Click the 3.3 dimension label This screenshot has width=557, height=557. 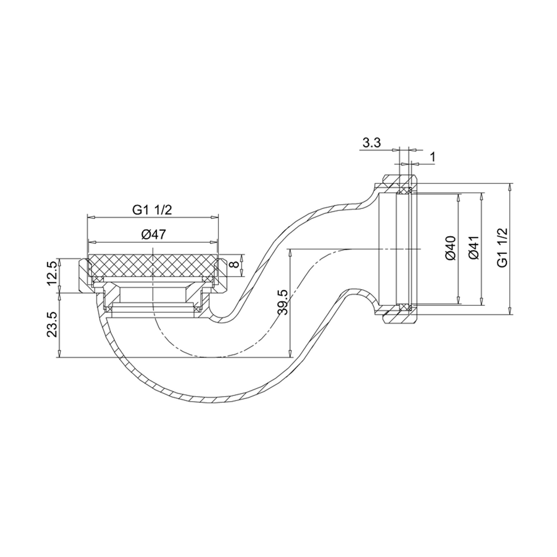371,143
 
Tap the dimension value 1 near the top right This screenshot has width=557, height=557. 432,158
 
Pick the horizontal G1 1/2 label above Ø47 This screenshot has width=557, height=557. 152,210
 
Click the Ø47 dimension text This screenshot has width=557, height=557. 153,234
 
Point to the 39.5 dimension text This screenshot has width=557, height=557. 282,302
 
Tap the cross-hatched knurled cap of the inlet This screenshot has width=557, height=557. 152,264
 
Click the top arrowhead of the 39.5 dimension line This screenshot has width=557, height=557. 290,252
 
